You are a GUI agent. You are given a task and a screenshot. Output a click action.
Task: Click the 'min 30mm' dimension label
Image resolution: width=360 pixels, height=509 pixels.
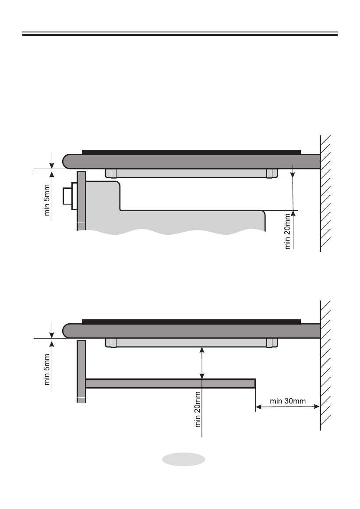point(288,401)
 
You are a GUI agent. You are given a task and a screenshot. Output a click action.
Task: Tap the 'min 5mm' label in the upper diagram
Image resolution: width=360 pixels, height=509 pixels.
point(47,200)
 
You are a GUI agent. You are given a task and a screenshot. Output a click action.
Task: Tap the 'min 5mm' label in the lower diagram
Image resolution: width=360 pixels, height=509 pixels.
point(47,370)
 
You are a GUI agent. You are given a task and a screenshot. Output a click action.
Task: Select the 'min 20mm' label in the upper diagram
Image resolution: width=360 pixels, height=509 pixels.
point(287,231)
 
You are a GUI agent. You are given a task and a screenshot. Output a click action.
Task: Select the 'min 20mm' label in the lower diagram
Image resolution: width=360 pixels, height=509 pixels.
point(198,409)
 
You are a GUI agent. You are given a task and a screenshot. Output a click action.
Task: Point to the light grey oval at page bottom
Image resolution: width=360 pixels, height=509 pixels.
point(184,460)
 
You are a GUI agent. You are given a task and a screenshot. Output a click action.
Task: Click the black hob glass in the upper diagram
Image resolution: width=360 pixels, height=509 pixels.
point(191,152)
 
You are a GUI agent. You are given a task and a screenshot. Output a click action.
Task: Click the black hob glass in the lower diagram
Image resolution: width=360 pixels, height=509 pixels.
point(191,322)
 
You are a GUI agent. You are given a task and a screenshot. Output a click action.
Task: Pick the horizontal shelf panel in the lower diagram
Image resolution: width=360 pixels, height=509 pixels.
point(170,383)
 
